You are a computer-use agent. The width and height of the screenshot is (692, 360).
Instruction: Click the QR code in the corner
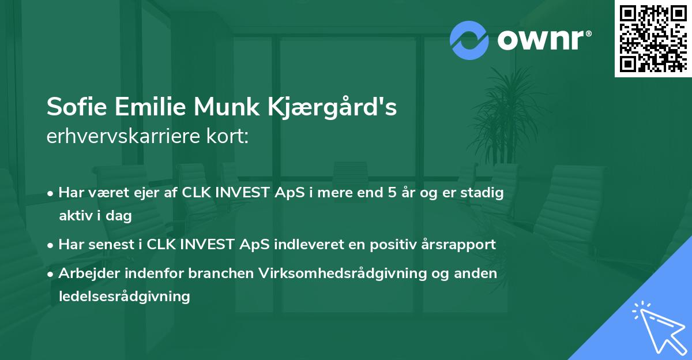[x=653, y=39]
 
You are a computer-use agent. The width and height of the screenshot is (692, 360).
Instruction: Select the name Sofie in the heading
[x=74, y=108]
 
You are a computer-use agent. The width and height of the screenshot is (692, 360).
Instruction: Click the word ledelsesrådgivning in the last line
[x=124, y=297]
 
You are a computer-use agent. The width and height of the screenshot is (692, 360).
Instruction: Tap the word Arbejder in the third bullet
[x=85, y=273]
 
